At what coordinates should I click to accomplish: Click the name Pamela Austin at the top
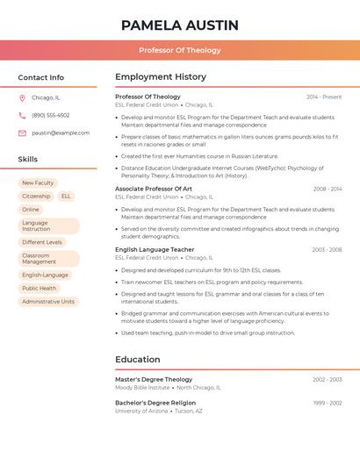point(180,25)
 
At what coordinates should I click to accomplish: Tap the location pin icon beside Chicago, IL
point(22,98)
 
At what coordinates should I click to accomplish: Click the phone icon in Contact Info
point(22,116)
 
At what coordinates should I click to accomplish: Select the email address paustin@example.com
point(61,133)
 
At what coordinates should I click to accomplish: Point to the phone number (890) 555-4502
point(51,116)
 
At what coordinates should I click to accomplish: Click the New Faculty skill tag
point(38,182)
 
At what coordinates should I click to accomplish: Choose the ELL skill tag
point(66,197)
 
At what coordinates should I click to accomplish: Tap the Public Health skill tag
point(40,288)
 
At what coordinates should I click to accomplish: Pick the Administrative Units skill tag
point(48,301)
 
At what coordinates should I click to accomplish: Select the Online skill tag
point(31,210)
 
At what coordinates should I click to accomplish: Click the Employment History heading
point(161,77)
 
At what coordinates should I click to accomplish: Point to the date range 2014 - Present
point(324,97)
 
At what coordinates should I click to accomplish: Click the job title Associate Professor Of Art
point(154,189)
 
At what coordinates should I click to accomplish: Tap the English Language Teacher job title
point(155,249)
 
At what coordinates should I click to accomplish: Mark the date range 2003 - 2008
point(327,250)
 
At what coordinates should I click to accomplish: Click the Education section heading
point(137,360)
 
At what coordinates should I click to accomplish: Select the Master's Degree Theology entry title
point(154,379)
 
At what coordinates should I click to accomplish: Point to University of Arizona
point(141,411)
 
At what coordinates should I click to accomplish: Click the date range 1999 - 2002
point(328,403)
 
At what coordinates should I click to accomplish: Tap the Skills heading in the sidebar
point(28,160)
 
